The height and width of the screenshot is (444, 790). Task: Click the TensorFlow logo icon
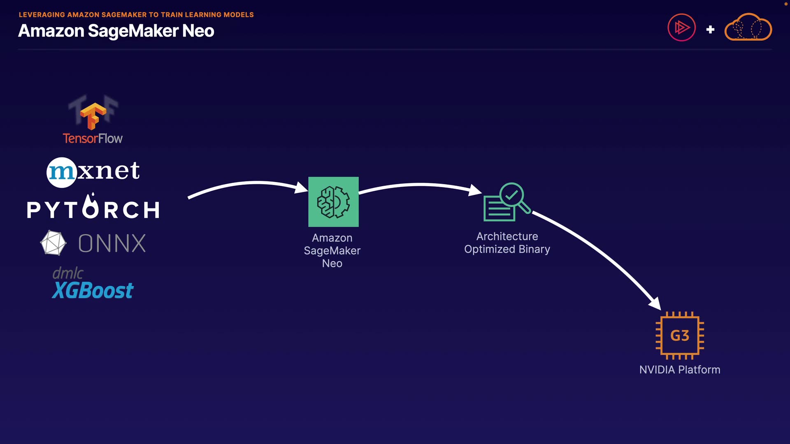click(x=93, y=115)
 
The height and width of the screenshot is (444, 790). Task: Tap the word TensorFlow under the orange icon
click(x=93, y=139)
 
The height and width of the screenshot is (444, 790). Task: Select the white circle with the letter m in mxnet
click(x=62, y=172)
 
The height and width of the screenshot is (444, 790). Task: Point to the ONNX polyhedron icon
click(x=53, y=243)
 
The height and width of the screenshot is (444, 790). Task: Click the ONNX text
click(x=112, y=243)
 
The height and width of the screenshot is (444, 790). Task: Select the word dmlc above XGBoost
click(x=68, y=273)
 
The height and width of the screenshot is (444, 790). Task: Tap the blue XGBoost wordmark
click(x=93, y=291)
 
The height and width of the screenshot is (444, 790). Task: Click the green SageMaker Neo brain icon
click(x=333, y=202)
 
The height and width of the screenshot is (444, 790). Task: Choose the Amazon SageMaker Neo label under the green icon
click(x=332, y=250)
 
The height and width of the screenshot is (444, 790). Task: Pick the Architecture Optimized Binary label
click(x=507, y=243)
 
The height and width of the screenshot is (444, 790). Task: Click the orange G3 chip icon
click(x=680, y=335)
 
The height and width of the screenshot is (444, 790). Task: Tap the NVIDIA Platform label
click(x=680, y=370)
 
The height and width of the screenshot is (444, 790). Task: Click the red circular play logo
click(x=681, y=28)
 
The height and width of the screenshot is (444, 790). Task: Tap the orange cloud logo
click(x=748, y=28)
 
